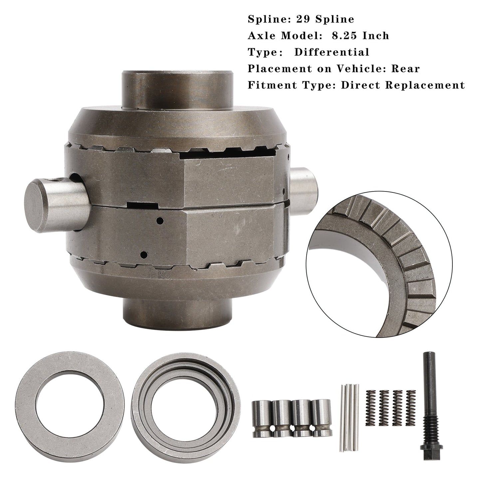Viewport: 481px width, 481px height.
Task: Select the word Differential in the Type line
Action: point(332,52)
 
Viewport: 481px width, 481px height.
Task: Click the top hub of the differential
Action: point(177,88)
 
